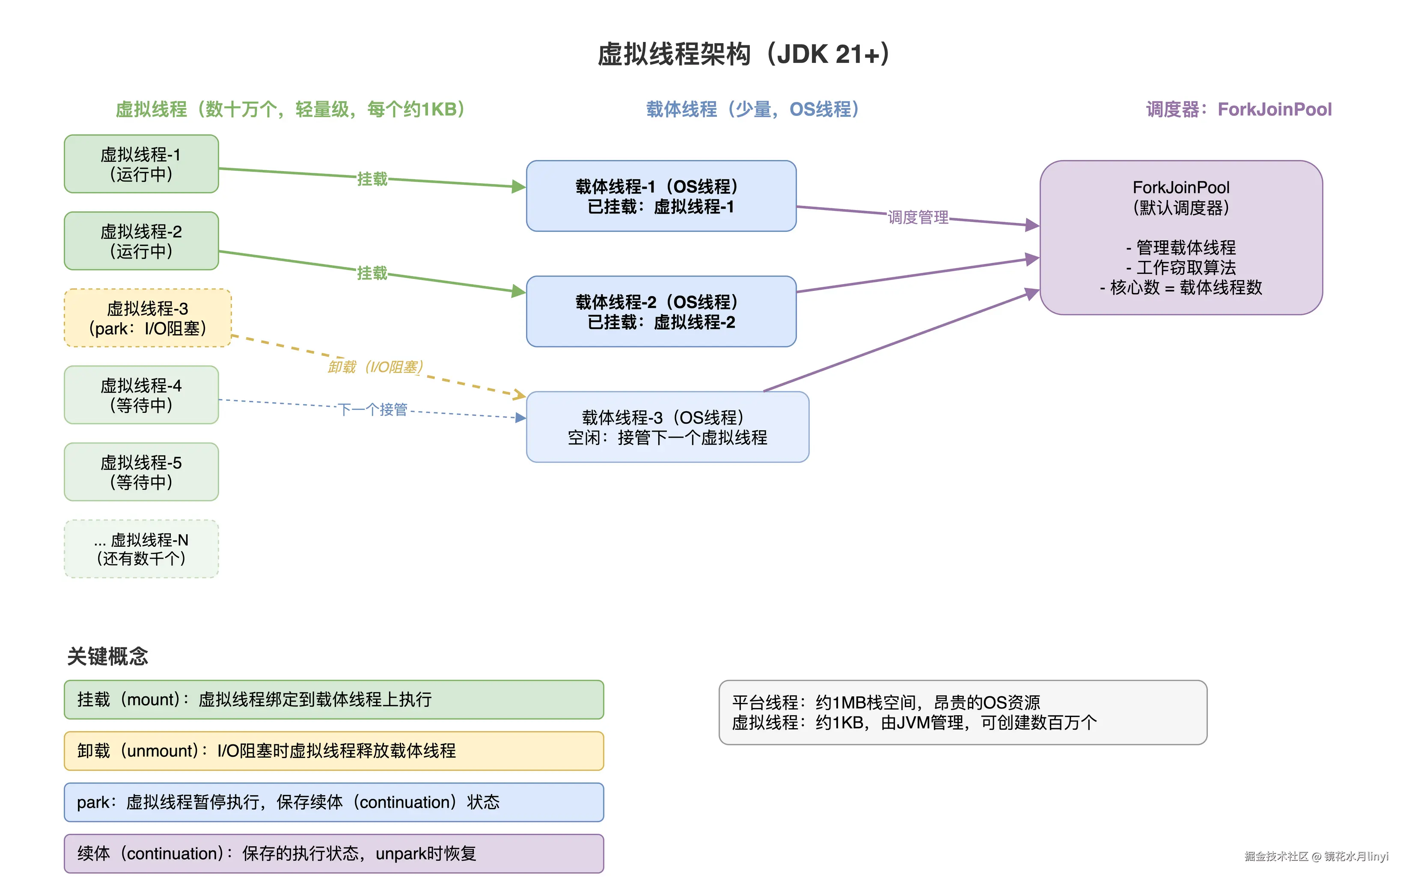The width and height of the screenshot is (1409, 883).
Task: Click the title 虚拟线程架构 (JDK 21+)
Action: [x=743, y=54]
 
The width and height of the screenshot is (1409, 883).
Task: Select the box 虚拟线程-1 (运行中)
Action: [x=141, y=164]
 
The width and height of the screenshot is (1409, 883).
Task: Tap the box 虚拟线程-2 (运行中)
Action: [x=141, y=241]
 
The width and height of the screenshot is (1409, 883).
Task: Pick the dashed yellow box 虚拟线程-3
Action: [x=147, y=318]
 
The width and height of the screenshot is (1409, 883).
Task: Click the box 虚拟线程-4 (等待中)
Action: [x=141, y=395]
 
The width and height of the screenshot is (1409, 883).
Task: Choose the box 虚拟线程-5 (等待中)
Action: [x=141, y=472]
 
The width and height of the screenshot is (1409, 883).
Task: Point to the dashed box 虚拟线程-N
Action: [x=141, y=549]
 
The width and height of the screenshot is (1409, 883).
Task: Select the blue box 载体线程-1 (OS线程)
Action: [x=661, y=196]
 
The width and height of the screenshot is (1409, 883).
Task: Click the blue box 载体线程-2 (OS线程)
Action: [x=661, y=312]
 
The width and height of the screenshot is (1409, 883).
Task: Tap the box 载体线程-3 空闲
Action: [x=667, y=427]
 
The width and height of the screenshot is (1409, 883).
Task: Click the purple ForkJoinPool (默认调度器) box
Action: [x=1180, y=238]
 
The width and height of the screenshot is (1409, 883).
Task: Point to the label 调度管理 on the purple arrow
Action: [x=918, y=217]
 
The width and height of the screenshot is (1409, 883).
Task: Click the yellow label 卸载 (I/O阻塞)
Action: [x=375, y=367]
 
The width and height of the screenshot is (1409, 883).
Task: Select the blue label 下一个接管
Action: [x=373, y=409]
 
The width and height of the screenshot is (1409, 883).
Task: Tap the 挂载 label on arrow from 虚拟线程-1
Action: [x=372, y=179]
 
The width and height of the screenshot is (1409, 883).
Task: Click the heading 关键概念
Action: [x=107, y=656]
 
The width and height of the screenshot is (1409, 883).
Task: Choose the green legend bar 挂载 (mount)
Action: [x=333, y=699]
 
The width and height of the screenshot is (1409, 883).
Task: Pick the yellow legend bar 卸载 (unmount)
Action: [x=333, y=751]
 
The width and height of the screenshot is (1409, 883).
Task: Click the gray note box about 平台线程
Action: [x=963, y=712]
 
